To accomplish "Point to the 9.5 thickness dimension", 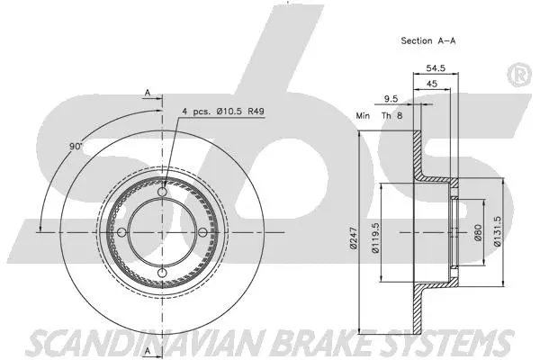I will click(392, 98).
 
